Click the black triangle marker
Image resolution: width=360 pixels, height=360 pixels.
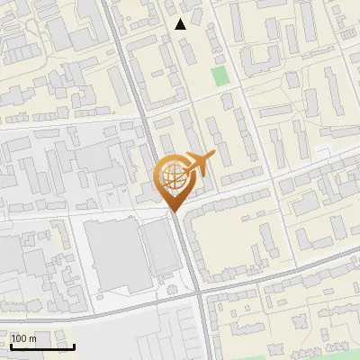[181, 24]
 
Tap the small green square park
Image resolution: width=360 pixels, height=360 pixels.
[220, 76]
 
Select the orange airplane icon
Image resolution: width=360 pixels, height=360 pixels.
[197, 164]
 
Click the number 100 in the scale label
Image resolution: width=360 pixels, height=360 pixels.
[19, 338]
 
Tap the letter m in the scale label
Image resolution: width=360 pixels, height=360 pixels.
[33, 338]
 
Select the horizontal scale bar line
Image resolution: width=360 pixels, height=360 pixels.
[42, 347]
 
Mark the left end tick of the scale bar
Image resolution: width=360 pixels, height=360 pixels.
[11, 345]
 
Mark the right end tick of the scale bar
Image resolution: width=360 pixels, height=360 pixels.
[74, 345]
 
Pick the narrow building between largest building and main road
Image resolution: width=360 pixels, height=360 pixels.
[162, 247]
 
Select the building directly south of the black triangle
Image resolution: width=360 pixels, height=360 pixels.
[190, 49]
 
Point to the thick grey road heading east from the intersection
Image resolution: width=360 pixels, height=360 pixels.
[279, 278]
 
